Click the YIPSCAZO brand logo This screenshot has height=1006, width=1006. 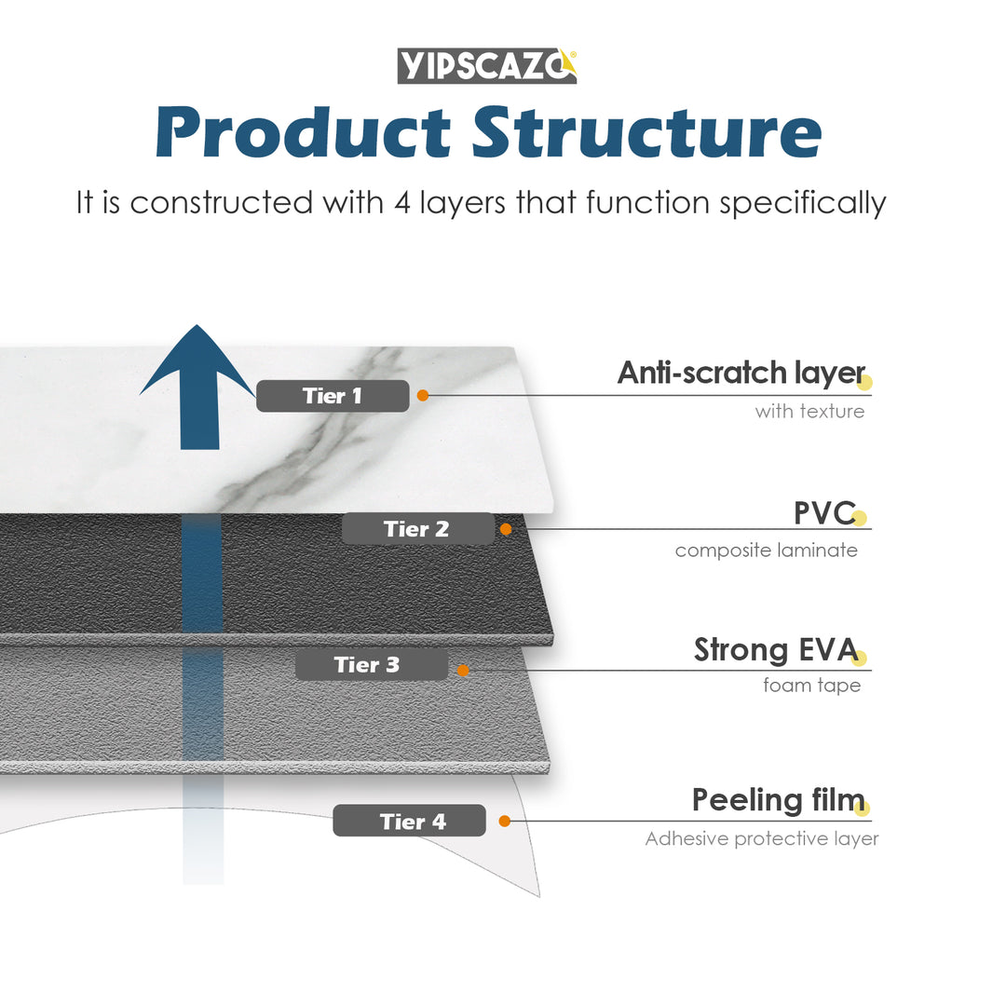pyautogui.click(x=487, y=65)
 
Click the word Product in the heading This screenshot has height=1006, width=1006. pyautogui.click(x=302, y=132)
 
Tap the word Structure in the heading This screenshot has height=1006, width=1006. pyautogui.click(x=646, y=132)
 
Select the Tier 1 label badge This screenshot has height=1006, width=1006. pyautogui.click(x=333, y=396)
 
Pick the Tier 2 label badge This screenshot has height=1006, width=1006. pyautogui.click(x=417, y=529)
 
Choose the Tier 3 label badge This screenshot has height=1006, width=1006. pyautogui.click(x=371, y=665)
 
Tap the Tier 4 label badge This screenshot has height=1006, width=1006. pyautogui.click(x=409, y=821)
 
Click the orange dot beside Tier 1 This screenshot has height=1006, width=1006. pyautogui.click(x=423, y=396)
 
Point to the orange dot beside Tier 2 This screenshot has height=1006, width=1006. pyautogui.click(x=506, y=529)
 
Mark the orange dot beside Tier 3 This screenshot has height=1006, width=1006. pyautogui.click(x=463, y=669)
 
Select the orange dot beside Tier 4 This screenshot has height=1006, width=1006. pyautogui.click(x=505, y=821)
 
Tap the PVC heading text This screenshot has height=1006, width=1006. pyautogui.click(x=823, y=512)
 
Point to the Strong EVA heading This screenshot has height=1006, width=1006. pyautogui.click(x=775, y=649)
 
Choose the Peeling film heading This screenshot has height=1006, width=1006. pyautogui.click(x=778, y=799)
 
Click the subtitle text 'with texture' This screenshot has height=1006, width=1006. pyautogui.click(x=809, y=411)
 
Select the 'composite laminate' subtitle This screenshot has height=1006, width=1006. pyautogui.click(x=766, y=551)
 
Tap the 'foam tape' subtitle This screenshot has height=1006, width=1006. pyautogui.click(x=811, y=687)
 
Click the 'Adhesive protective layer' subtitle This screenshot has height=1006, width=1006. pyautogui.click(x=761, y=839)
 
